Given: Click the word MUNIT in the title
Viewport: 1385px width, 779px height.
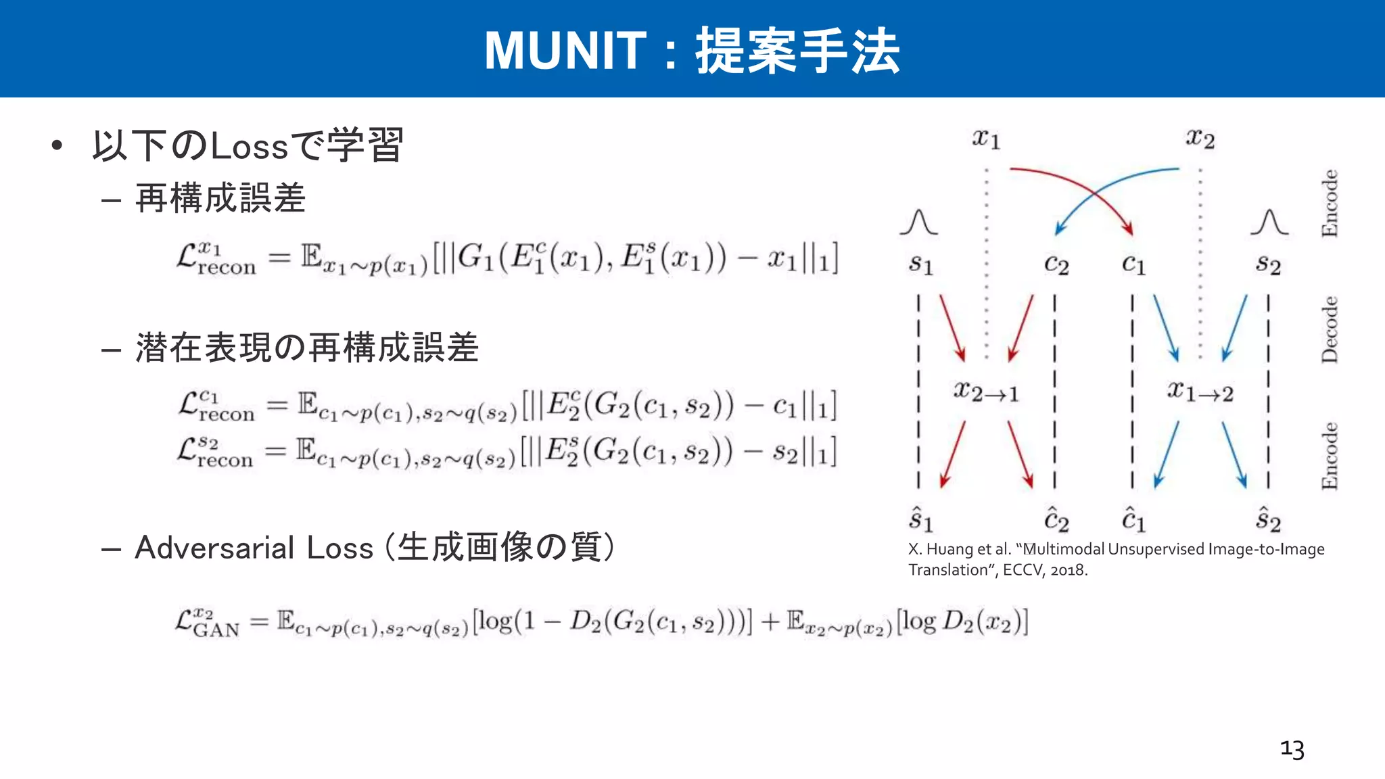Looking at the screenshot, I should pos(565,51).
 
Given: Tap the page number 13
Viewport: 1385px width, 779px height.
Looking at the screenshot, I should pos(1292,749).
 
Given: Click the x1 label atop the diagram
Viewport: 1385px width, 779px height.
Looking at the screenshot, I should pos(986,139).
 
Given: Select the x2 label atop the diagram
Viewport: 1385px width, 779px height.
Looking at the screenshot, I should pos(1200,139).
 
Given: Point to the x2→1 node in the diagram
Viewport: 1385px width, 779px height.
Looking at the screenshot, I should pos(985,392).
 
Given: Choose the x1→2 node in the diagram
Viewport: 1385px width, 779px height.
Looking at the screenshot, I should pos(1200,392).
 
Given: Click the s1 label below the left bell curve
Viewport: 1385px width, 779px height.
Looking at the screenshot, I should pos(920,264).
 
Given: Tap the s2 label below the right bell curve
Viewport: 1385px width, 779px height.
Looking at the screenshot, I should pos(1268,264).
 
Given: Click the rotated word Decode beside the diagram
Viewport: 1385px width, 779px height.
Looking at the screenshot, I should pos(1330,329).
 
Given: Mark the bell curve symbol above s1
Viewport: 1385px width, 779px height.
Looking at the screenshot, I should pos(918,222).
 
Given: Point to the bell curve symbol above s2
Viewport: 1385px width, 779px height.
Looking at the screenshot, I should pos(1269,222).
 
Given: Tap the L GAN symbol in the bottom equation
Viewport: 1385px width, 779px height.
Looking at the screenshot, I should pos(207,623).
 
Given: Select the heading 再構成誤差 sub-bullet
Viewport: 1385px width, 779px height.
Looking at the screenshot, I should pos(220,199).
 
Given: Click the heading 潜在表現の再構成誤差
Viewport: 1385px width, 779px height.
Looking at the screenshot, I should pos(307,348).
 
